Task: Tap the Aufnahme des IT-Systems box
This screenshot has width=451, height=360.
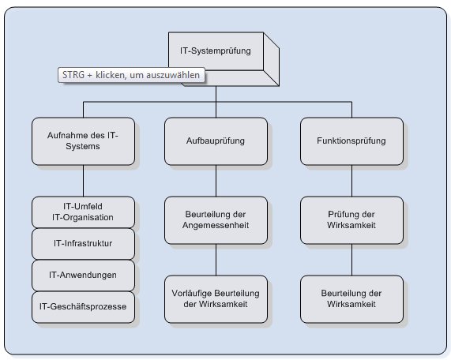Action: point(81,141)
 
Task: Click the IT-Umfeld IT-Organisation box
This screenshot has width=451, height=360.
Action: point(82,211)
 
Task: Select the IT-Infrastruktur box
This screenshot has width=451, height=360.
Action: point(82,242)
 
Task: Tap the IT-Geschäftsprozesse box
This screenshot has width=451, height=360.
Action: point(82,305)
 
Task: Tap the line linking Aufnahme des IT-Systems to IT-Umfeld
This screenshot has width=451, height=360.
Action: point(81,180)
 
